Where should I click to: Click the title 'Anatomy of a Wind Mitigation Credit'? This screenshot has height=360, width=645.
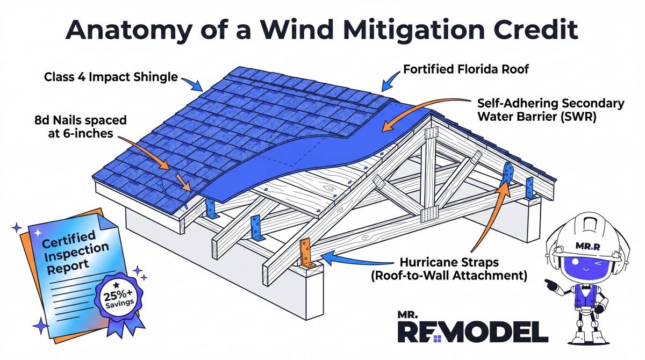click(322, 31)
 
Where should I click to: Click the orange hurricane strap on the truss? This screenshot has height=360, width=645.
click(305, 254)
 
